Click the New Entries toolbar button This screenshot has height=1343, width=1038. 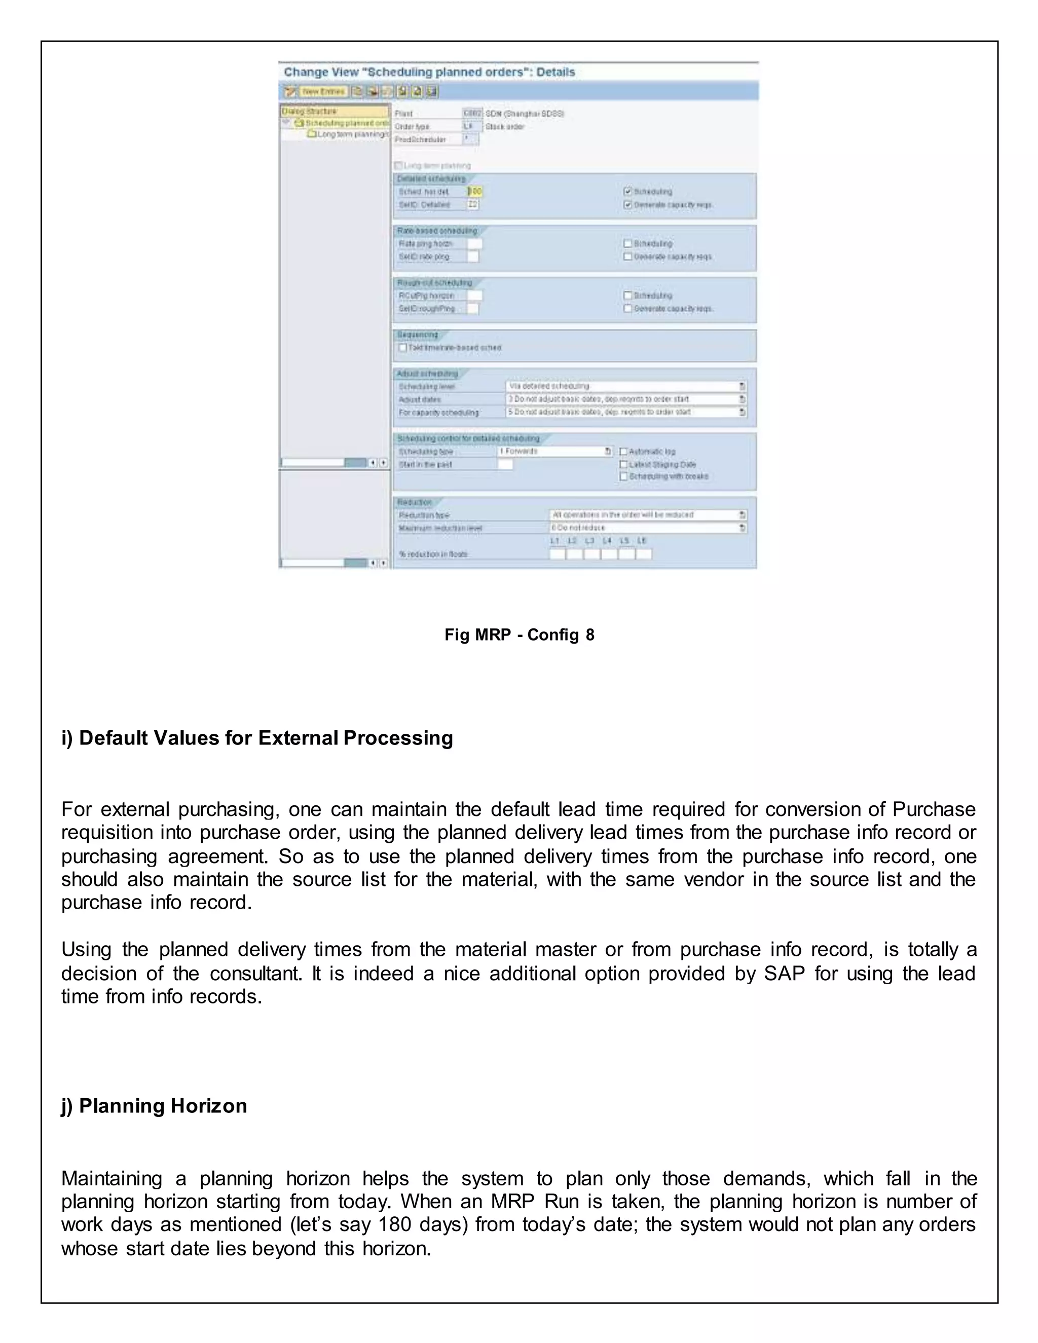pos(323,92)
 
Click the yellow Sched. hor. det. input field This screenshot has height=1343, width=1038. pos(475,192)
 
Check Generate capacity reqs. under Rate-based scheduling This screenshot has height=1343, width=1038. pos(628,256)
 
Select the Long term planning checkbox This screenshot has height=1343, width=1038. pos(398,165)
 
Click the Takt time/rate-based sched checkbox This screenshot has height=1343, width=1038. pos(403,348)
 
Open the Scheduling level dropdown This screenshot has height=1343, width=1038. pos(742,386)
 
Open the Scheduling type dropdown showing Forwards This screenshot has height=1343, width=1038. pos(608,452)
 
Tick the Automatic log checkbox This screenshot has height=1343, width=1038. pos(623,452)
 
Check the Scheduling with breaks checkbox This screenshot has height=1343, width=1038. pos(623,476)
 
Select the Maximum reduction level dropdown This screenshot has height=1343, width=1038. pos(742,528)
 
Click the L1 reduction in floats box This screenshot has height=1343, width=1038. pos(556,554)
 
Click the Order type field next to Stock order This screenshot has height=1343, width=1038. pos(469,126)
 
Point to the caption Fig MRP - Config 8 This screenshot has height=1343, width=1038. pos(519,635)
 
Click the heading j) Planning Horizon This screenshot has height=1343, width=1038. pos(154,1106)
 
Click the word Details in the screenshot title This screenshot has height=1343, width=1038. pos(555,72)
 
